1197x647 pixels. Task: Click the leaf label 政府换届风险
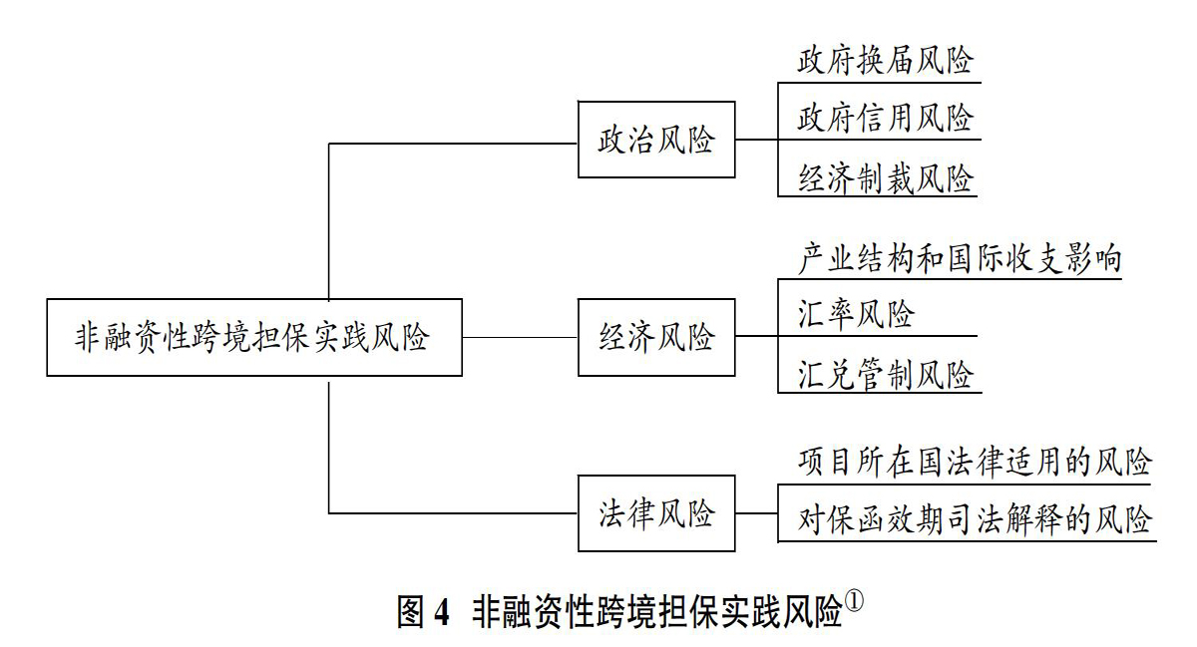886,61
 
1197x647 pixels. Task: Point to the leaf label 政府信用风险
886,118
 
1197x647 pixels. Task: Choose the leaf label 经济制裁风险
886,177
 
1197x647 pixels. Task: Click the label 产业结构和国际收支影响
960,259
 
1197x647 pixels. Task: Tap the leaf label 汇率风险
856,314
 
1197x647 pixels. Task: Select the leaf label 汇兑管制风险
886,374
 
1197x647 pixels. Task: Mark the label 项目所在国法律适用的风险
975,462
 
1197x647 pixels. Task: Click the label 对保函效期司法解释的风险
975,519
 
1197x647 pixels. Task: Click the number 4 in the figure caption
442,612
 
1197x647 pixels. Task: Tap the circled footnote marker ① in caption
855,600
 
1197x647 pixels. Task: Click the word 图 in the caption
411,612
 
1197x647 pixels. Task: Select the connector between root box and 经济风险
520,337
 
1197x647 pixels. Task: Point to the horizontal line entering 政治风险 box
453,144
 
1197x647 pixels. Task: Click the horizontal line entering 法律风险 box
453,513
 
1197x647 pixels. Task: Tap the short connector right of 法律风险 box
757,513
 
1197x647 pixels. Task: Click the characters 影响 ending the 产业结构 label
1093,259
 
